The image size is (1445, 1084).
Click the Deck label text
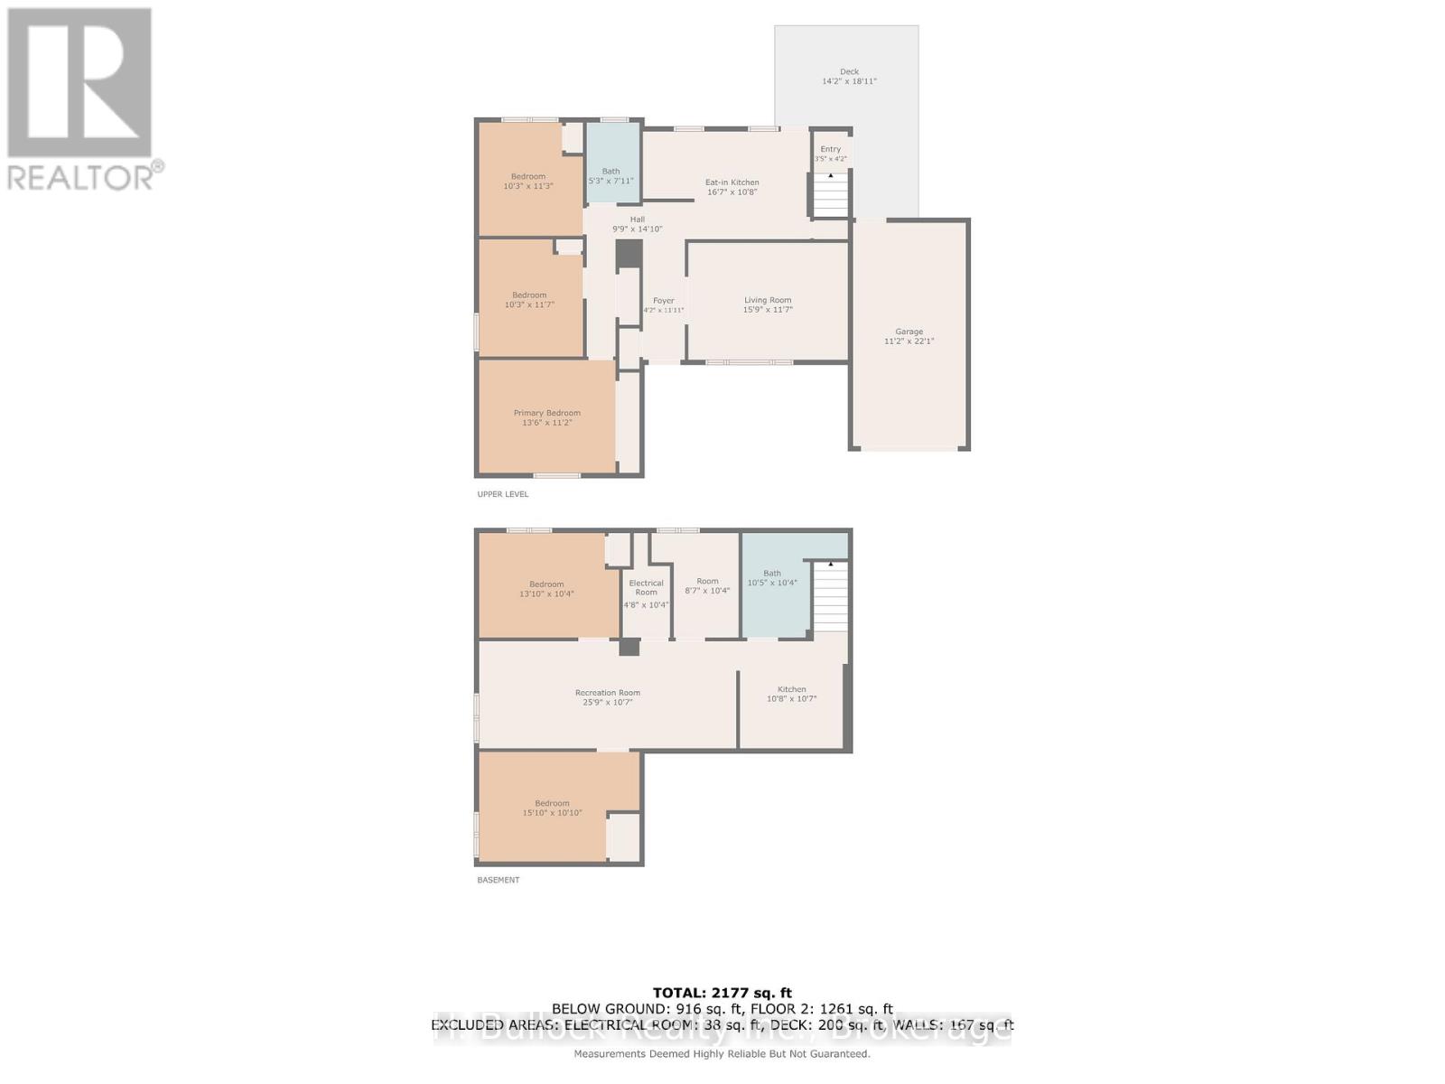(849, 71)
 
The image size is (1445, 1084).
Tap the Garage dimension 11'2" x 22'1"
(909, 341)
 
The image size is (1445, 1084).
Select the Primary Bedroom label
(546, 413)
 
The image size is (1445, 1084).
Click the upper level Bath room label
(611, 171)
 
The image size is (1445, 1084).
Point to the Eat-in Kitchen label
(732, 182)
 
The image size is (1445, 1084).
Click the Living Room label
(768, 300)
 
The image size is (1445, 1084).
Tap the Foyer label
(664, 301)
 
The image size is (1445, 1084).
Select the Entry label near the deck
(830, 149)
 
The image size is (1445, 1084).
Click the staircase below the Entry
(831, 195)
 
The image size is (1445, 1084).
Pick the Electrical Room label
(646, 587)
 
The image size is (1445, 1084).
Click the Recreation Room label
(607, 693)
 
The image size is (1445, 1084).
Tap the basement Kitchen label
(792, 689)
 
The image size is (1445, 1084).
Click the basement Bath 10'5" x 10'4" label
(772, 578)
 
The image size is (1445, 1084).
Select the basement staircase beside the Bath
(831, 596)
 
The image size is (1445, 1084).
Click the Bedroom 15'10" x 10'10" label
(552, 808)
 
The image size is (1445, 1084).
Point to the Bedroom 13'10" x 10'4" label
(546, 589)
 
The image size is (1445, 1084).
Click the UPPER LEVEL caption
(503, 494)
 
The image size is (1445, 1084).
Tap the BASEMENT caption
(499, 880)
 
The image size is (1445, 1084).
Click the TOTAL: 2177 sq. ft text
(722, 993)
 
